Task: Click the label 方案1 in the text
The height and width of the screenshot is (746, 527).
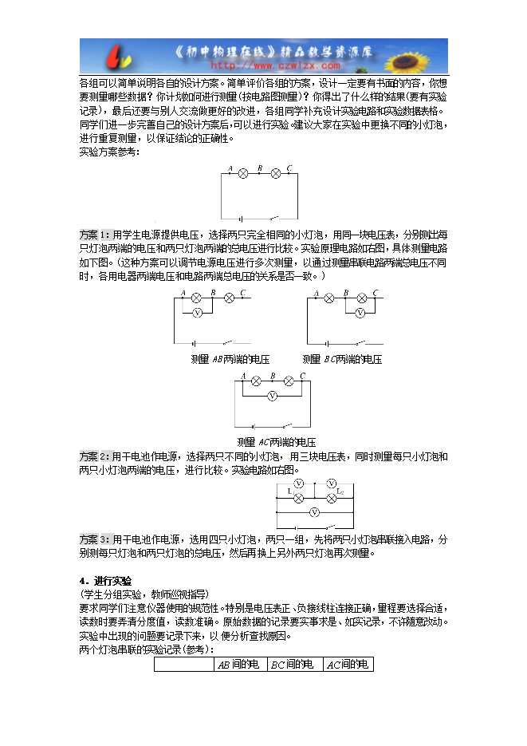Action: click(x=94, y=235)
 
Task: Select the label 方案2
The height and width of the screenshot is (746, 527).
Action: click(x=94, y=456)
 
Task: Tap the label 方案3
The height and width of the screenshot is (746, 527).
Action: click(x=94, y=539)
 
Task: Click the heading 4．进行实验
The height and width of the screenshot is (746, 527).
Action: click(x=104, y=580)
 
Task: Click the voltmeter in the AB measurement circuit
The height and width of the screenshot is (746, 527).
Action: click(x=197, y=313)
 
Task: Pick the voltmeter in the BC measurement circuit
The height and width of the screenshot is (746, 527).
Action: click(x=360, y=313)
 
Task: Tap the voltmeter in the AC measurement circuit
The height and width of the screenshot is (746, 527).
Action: click(x=272, y=395)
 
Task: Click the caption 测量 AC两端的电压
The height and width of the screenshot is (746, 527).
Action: click(x=277, y=442)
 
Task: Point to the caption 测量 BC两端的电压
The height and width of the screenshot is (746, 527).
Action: click(x=342, y=360)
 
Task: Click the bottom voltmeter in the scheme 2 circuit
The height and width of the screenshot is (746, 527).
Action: click(x=314, y=511)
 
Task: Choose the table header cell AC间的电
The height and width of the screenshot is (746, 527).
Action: click(x=348, y=665)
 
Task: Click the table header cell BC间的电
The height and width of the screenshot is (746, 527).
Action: click(x=293, y=665)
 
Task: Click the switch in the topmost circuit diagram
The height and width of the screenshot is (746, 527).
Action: click(x=274, y=216)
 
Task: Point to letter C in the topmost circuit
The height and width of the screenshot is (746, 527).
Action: click(x=289, y=168)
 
